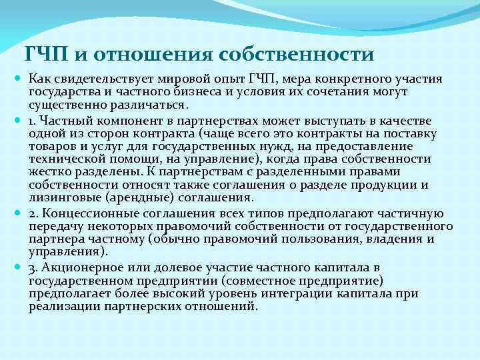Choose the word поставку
413,134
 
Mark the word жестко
49,172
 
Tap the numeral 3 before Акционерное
32,268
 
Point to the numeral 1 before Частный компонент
31,121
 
